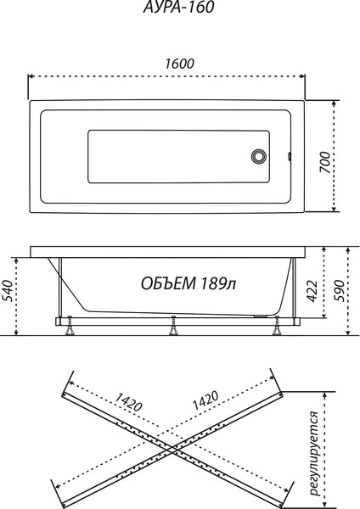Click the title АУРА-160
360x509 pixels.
point(178,7)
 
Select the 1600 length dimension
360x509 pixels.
point(179,64)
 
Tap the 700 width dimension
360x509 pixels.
point(325,162)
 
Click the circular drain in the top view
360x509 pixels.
point(259,156)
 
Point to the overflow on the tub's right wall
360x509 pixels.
point(290,156)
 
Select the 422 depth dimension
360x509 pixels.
point(312,291)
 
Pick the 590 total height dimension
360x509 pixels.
point(339,290)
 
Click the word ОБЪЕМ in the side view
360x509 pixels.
point(168,283)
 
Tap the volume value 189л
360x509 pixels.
point(218,283)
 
